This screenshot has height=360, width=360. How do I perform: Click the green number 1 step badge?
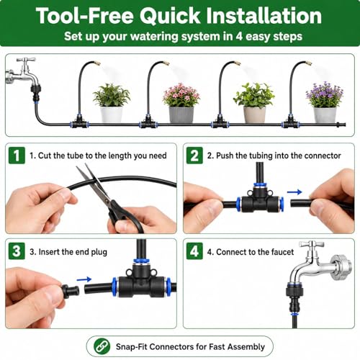17,156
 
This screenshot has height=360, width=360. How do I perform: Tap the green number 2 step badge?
194,156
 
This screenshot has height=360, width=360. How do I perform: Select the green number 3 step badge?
17,251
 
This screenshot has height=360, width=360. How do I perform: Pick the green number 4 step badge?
194,251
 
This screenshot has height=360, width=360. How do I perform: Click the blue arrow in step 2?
294,192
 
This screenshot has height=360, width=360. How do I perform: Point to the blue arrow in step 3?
84,279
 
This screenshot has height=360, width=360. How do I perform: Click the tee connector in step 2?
260,200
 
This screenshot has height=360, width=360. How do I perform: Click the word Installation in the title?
264,16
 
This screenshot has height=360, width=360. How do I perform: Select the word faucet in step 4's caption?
282,252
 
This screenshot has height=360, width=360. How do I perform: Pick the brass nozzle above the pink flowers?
166,63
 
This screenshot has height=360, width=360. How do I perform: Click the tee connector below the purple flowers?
291,122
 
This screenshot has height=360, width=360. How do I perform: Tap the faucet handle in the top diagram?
26,60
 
